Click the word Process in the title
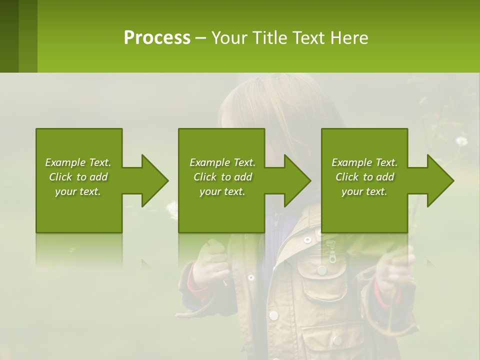(x=157, y=38)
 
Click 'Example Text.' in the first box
(x=78, y=162)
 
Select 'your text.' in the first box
(x=78, y=191)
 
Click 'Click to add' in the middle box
(x=222, y=177)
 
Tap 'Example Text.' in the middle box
(x=222, y=162)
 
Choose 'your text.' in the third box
(x=364, y=191)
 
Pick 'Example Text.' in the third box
(x=364, y=162)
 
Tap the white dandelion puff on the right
(x=461, y=141)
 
